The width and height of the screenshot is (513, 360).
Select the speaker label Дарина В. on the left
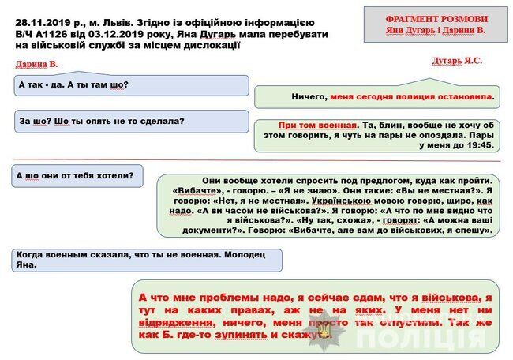point(36,64)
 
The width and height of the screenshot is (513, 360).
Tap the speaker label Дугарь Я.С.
point(457,60)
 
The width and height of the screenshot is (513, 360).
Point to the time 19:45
point(479,145)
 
